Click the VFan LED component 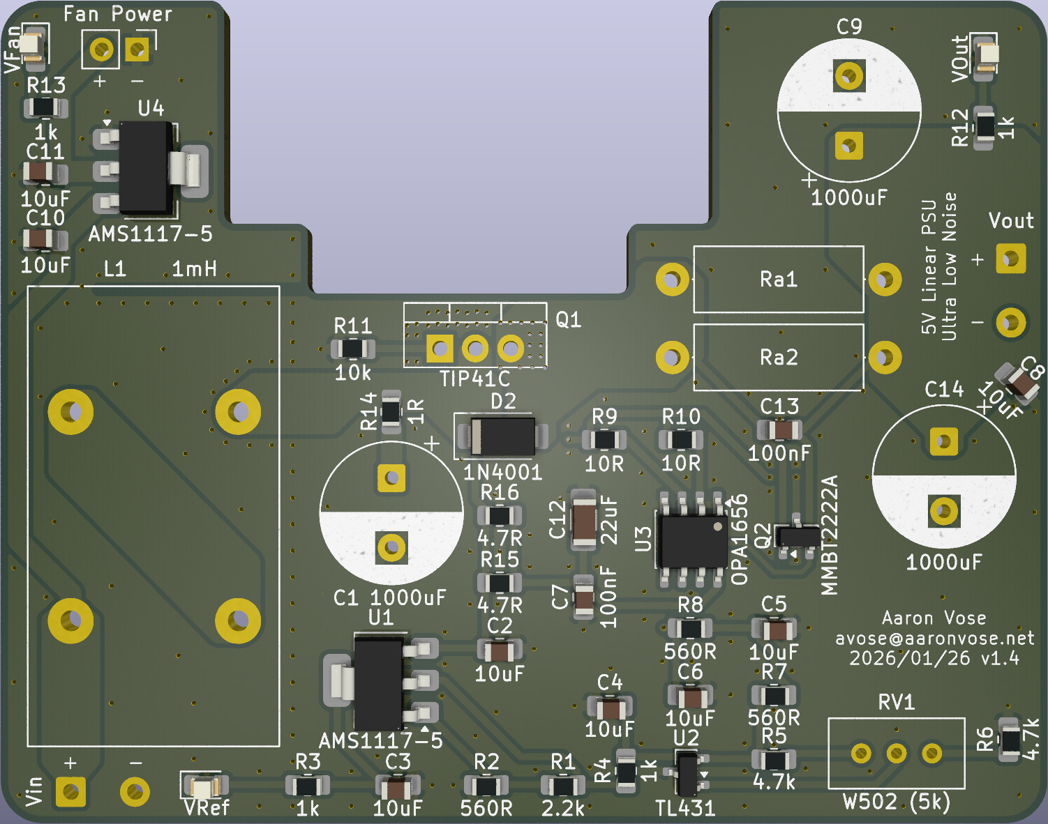pos(31,46)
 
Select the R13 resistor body pos(45,108)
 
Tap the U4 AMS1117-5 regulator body pos(146,168)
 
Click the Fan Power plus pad pos(102,50)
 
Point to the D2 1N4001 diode pos(502,437)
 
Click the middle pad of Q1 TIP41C pos(475,348)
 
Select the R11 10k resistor pos(352,349)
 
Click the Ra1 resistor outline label pos(778,280)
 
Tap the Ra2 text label pos(778,358)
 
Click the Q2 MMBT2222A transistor pos(797,537)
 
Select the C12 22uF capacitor pos(584,521)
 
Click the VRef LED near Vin pos(202,788)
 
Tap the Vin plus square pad pos(70,791)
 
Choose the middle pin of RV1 pos(897,753)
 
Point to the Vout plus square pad pos(1010,259)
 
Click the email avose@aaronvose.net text pos(934,639)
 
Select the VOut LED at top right pos(986,54)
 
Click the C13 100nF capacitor pos(779,429)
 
